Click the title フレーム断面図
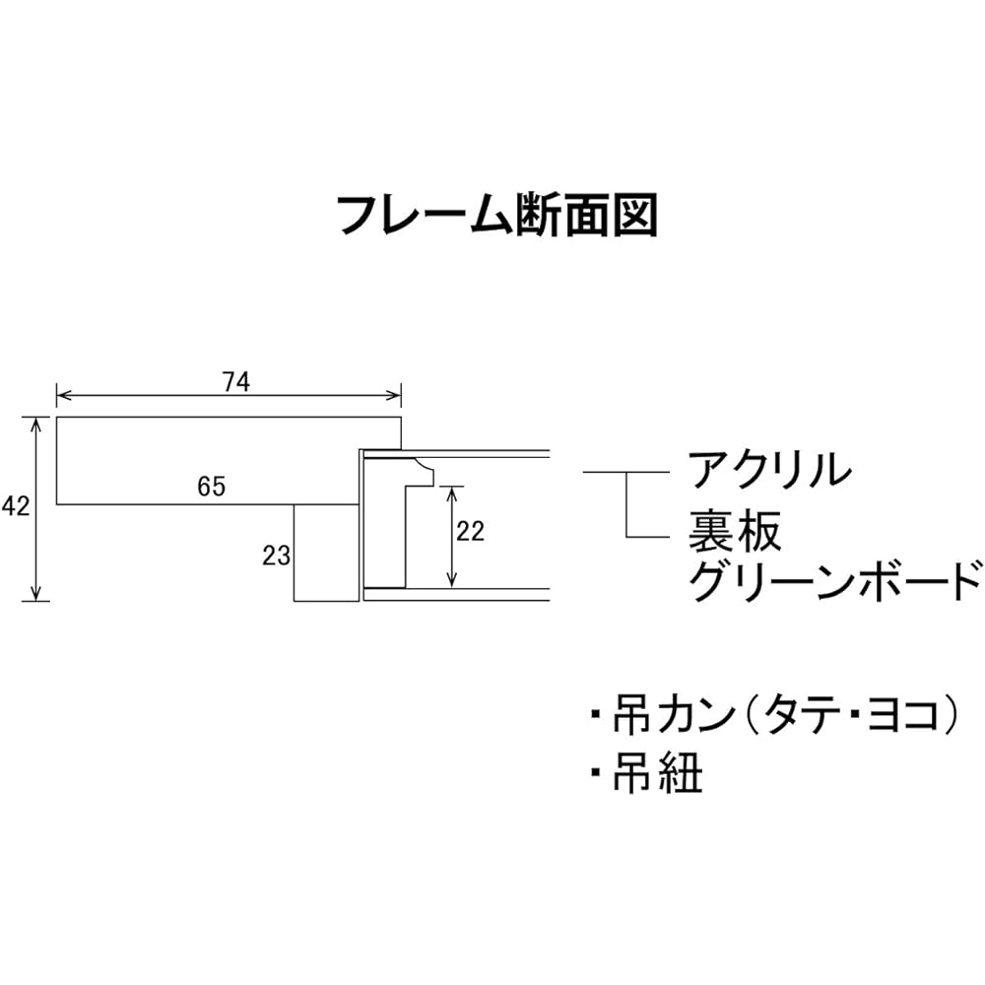496,215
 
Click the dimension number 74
236,382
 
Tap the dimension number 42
15,505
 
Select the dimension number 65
211,487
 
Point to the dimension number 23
277,556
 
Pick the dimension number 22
470,532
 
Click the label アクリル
770,469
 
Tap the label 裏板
735,531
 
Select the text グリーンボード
835,582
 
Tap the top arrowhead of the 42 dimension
36,424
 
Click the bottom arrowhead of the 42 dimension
36,594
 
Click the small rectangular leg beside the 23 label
327,553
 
